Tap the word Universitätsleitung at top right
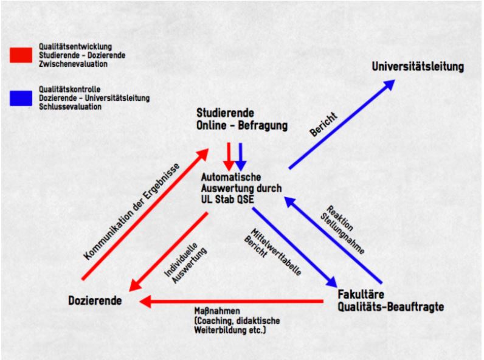(x=418, y=67)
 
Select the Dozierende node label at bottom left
(x=95, y=300)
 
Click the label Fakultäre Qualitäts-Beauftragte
(x=390, y=300)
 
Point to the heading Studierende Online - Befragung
(x=241, y=120)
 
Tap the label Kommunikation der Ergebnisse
(x=131, y=211)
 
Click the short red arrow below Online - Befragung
(x=229, y=157)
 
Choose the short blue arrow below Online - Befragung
(x=240, y=157)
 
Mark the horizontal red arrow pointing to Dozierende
(x=231, y=301)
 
